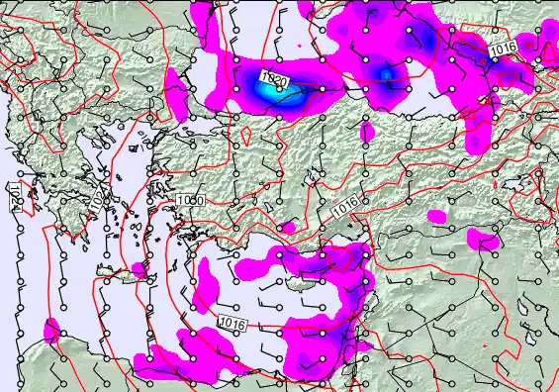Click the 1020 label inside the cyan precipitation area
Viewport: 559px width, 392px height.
pos(275,79)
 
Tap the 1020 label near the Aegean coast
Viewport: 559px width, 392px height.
pos(191,201)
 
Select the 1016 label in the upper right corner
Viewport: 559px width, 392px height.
pos(503,48)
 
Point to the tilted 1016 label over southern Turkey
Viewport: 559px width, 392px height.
pos(345,208)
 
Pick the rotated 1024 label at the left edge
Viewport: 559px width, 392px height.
pos(15,195)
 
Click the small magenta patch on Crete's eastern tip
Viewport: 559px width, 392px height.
pos(140,269)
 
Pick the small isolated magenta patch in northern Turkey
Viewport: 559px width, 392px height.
pos(368,132)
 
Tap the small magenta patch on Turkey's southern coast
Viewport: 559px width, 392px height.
pos(288,228)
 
